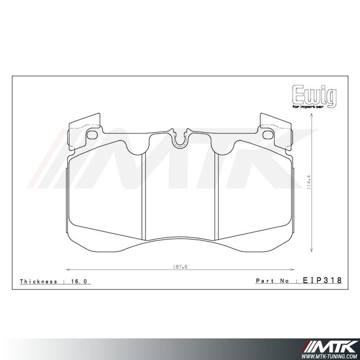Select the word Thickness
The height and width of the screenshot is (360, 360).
point(39,282)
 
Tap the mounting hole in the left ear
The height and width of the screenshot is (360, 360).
point(93,135)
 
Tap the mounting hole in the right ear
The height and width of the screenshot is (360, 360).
point(268,135)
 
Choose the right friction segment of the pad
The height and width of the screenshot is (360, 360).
point(255,190)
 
